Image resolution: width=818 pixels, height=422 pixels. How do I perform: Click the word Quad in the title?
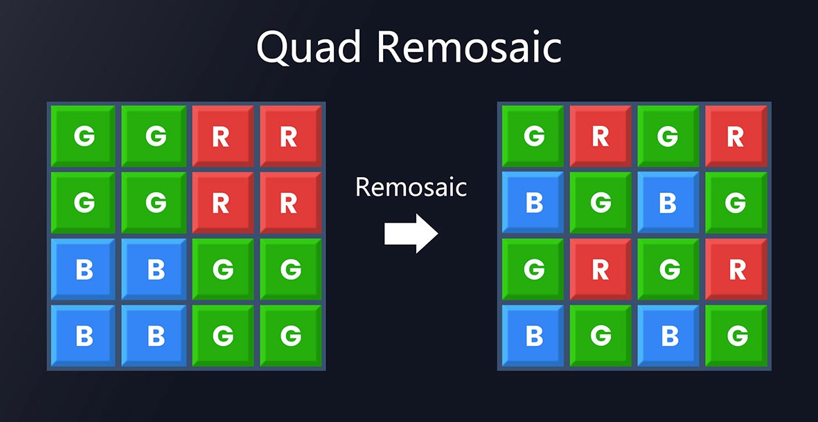pyautogui.click(x=308, y=48)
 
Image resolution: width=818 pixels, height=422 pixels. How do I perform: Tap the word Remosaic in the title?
pyautogui.click(x=469, y=48)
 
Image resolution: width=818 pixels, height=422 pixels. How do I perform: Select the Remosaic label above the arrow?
pyautogui.click(x=411, y=187)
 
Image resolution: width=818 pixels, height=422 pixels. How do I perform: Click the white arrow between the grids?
pyautogui.click(x=411, y=234)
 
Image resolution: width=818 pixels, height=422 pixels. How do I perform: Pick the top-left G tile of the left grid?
pyautogui.click(x=84, y=136)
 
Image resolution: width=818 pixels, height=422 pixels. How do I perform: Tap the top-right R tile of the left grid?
pyautogui.click(x=290, y=136)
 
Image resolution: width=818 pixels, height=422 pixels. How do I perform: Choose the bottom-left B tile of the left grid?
pyautogui.click(x=84, y=336)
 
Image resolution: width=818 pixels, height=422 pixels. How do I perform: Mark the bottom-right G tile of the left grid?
pyautogui.click(x=290, y=336)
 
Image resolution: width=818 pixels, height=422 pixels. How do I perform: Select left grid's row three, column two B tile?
pyautogui.click(x=154, y=269)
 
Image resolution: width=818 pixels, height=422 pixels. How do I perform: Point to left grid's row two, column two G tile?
pyautogui.click(x=154, y=203)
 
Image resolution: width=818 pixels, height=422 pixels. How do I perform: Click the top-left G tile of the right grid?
pyautogui.click(x=533, y=136)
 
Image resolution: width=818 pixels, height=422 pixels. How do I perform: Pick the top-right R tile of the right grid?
pyautogui.click(x=736, y=136)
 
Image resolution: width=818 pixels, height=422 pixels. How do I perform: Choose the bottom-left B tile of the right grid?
pyautogui.click(x=533, y=336)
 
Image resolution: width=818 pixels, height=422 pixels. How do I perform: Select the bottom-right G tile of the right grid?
pyautogui.click(x=736, y=336)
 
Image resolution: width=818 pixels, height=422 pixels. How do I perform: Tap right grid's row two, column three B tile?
pyautogui.click(x=668, y=203)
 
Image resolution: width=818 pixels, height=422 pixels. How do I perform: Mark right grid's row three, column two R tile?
pyautogui.click(x=601, y=269)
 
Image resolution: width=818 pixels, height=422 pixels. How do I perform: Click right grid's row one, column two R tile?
pyautogui.click(x=601, y=136)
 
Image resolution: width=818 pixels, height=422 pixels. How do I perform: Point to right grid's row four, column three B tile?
pyautogui.click(x=668, y=336)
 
